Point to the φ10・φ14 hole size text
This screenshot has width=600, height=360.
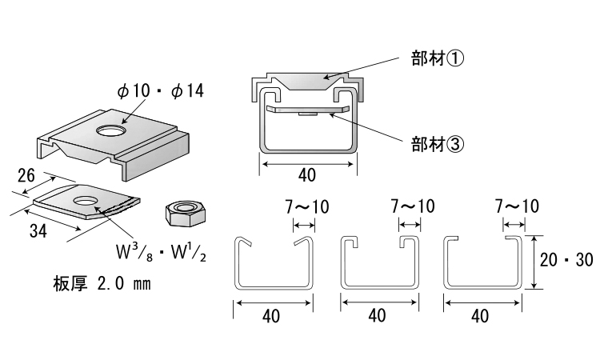point(160,90)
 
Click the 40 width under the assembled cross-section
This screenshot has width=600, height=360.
point(307,174)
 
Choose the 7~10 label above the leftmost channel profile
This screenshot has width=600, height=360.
point(307,206)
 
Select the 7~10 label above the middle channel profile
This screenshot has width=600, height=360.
point(413,206)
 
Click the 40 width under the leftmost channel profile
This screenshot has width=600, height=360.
point(271,315)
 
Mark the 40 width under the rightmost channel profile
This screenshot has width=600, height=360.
point(481,315)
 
